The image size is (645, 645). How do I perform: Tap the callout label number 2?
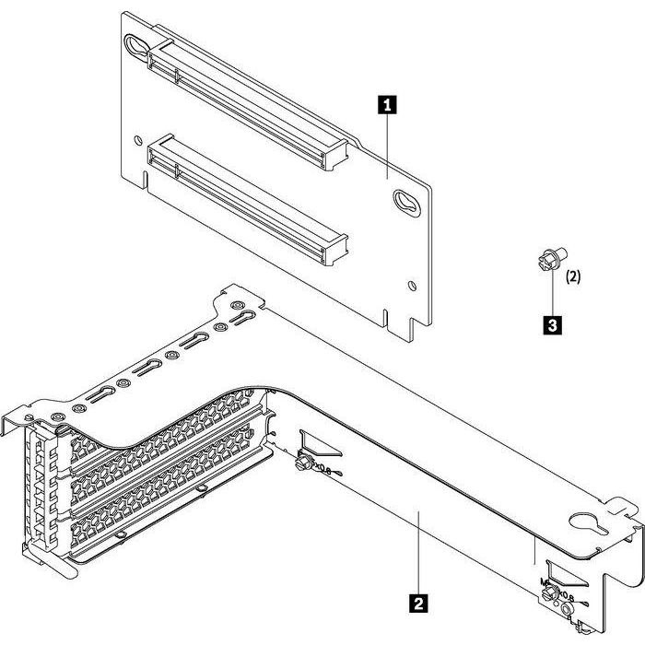418,604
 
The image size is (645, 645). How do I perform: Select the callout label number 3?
551,324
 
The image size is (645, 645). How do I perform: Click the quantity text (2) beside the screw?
572,276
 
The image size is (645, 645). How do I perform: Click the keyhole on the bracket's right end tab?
584,525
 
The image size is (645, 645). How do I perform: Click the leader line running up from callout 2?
418,553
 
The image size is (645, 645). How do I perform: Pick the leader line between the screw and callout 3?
551,295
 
